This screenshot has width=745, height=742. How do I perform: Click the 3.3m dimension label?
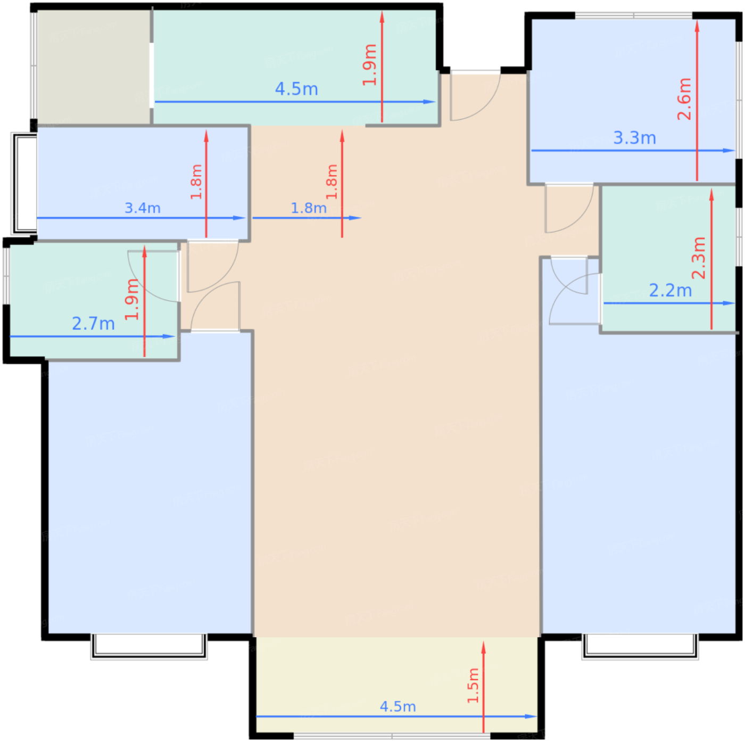[634, 138]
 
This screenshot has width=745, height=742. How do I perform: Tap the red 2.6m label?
[684, 98]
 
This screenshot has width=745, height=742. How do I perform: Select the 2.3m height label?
[699, 258]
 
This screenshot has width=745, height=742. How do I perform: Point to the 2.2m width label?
[670, 291]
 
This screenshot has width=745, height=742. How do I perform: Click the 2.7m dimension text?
[93, 324]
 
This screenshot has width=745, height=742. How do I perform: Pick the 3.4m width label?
[142, 208]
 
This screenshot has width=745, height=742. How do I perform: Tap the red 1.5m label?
[473, 685]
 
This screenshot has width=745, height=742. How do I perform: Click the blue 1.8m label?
[308, 208]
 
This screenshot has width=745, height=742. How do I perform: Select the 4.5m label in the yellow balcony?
[398, 707]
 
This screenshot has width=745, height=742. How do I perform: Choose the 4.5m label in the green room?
[296, 89]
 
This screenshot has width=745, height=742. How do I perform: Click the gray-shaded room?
[93, 67]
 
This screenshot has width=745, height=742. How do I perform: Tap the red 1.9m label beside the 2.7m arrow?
[132, 300]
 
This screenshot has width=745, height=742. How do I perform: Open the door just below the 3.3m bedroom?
[569, 209]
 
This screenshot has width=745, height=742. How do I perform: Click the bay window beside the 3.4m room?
[24, 184]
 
